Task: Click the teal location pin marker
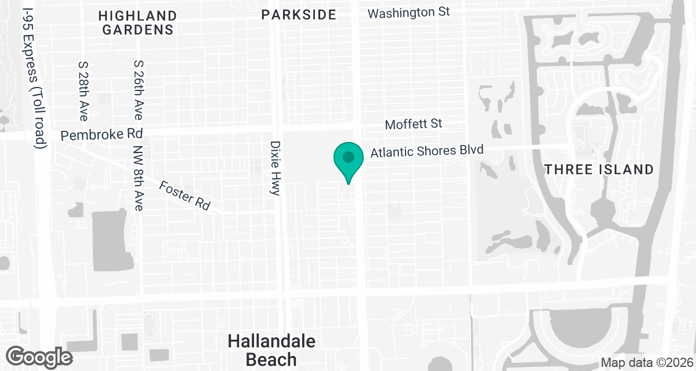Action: click(348, 162)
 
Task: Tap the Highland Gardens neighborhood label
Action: click(138, 23)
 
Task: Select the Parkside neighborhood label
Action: click(299, 14)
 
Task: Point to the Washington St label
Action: click(408, 12)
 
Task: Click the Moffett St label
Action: click(414, 123)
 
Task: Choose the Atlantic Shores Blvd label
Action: click(427, 152)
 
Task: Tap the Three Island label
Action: click(599, 169)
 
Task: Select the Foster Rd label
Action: click(185, 195)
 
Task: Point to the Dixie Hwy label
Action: click(275, 168)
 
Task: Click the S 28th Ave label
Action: click(82, 90)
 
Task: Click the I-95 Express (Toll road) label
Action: click(35, 78)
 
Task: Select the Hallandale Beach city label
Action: click(271, 350)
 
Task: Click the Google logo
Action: click(40, 356)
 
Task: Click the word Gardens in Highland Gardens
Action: click(138, 30)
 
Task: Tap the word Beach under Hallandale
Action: click(271, 359)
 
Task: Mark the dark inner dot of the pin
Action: click(348, 157)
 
